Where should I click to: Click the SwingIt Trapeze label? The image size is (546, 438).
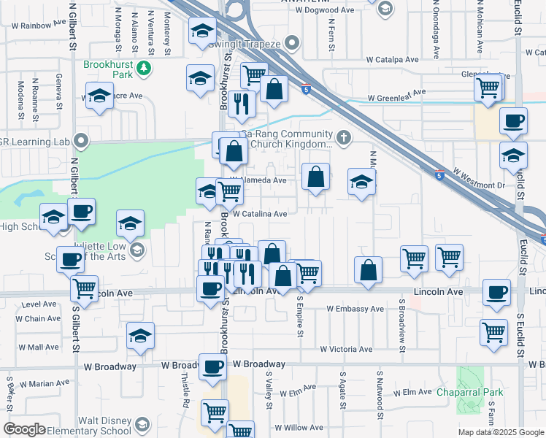click(x=245, y=44)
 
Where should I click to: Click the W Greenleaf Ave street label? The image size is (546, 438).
click(x=396, y=96)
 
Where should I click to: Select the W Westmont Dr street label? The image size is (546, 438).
click(x=479, y=179)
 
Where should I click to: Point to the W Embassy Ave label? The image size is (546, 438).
click(x=355, y=309)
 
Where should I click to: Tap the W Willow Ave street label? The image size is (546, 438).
click(x=299, y=428)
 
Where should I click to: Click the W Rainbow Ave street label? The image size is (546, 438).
click(x=43, y=24)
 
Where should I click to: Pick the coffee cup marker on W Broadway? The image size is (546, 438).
click(x=212, y=366)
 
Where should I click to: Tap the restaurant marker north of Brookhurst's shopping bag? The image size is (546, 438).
click(x=241, y=104)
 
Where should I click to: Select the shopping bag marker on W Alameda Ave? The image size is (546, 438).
click(x=315, y=177)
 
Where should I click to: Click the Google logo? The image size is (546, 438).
click(x=23, y=429)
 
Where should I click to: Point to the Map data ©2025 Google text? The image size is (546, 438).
click(x=500, y=432)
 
